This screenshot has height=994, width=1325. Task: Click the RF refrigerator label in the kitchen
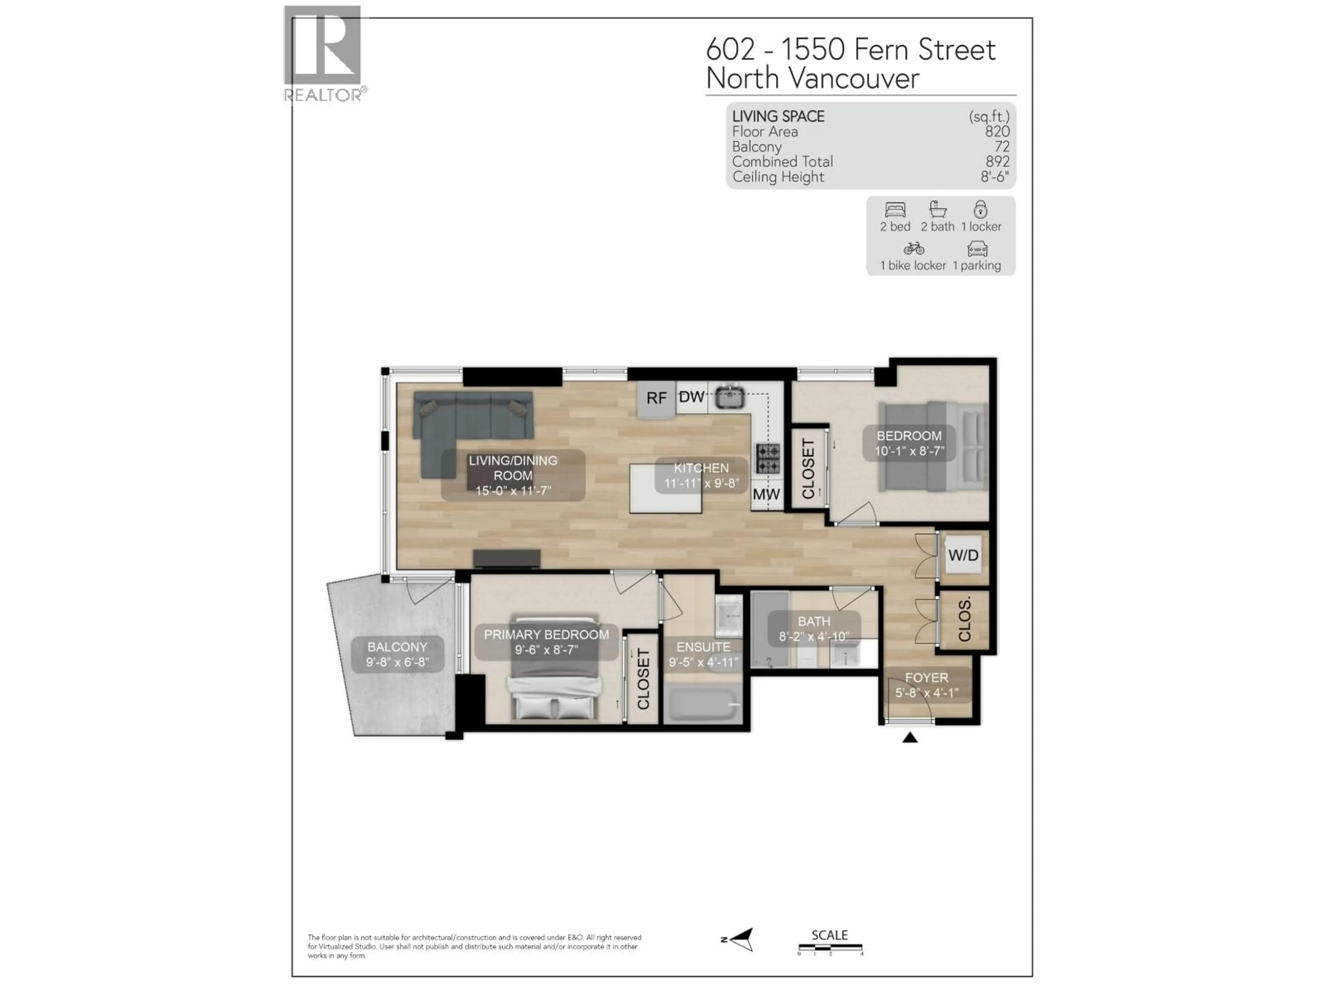point(657,398)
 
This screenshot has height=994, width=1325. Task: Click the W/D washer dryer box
point(963,555)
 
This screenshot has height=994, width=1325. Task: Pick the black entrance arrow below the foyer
point(910,738)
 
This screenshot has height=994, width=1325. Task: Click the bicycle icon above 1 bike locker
point(913,248)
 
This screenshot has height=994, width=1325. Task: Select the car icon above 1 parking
point(977,248)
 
